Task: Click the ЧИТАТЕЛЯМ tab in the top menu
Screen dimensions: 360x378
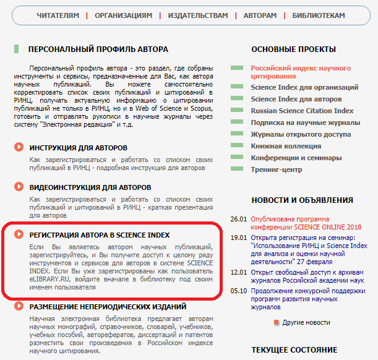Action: point(58,15)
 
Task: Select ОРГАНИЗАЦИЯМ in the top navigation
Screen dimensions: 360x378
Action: point(124,15)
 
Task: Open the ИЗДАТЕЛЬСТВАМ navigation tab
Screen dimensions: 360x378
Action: point(198,15)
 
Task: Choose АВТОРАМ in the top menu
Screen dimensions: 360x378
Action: point(260,15)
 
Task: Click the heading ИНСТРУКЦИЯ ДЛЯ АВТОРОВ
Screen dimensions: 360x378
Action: point(78,148)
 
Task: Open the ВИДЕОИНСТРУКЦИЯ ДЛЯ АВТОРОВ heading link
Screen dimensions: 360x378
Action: point(90,187)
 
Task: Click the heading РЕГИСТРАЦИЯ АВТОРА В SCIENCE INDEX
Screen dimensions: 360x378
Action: point(100,235)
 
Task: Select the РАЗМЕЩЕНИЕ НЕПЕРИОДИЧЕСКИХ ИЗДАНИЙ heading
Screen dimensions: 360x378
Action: point(108,307)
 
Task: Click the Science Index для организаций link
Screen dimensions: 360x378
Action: point(304,88)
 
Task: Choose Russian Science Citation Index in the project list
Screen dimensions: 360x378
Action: point(302,111)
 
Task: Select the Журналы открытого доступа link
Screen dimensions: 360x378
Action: point(301,134)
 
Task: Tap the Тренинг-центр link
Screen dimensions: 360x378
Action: point(277,169)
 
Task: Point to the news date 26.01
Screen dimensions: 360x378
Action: point(238,219)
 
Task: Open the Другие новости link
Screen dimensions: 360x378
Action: point(306,322)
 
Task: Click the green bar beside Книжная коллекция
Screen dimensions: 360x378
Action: point(237,146)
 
